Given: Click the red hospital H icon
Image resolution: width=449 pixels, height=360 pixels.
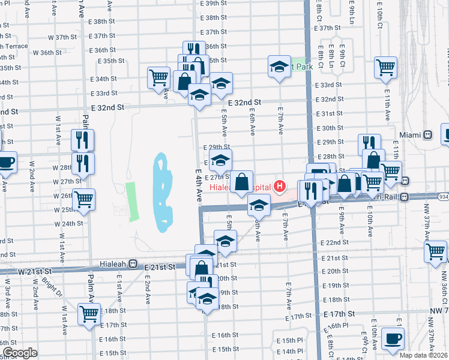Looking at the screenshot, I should coord(279,187).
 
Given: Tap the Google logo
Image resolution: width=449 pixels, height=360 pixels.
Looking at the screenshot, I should coord(20,353).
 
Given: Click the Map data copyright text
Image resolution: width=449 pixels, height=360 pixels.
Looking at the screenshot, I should coord(423,355).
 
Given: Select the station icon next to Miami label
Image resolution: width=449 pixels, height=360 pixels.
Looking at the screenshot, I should coord(428,135).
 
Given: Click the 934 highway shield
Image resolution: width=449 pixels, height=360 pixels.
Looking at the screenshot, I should coord(442,197).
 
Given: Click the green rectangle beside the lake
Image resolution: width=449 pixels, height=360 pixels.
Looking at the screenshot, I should coord(131,198).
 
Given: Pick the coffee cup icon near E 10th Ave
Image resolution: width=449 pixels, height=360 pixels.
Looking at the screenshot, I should coord(392,339).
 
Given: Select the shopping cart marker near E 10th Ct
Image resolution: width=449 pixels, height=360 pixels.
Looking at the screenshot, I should coord(385,67).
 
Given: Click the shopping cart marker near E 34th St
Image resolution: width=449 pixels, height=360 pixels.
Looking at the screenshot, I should coord(158,77).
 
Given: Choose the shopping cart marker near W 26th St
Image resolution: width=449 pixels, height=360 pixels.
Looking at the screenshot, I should coord(83,199).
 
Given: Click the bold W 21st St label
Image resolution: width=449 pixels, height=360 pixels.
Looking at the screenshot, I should coord(35,272).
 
